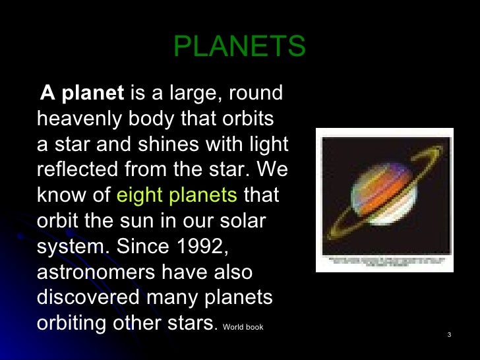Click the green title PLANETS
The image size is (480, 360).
click(239, 47)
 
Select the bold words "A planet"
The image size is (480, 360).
click(82, 94)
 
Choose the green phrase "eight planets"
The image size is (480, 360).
click(176, 196)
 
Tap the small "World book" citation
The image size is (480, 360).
click(243, 327)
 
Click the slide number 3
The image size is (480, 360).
click(448, 336)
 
